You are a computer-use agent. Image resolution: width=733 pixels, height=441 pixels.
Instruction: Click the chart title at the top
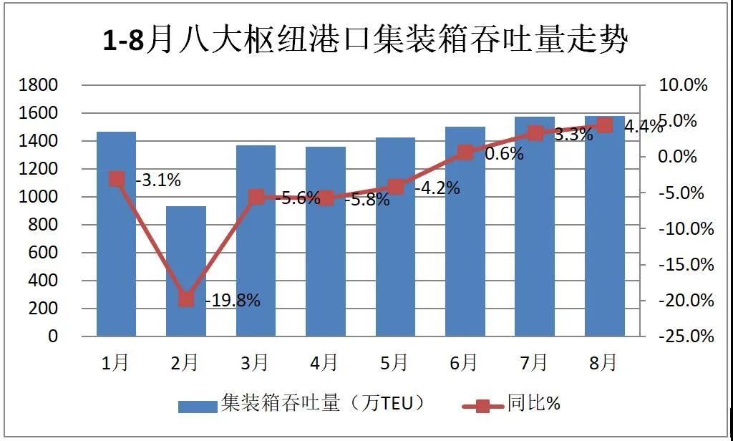tap(366, 40)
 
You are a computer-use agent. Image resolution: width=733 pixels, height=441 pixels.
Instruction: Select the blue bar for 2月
tap(186, 271)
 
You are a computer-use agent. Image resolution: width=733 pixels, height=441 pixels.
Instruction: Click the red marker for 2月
tap(186, 299)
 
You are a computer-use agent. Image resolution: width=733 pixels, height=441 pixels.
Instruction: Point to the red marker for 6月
tap(465, 152)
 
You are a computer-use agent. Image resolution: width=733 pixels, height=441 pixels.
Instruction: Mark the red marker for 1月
tap(117, 179)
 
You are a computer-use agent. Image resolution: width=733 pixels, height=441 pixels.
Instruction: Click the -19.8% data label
tap(233, 301)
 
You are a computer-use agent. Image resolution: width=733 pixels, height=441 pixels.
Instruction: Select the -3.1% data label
tap(158, 180)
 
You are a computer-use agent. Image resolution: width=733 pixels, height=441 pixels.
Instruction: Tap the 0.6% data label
tap(504, 153)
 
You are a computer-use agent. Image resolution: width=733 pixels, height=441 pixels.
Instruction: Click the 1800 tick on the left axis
tap(41, 85)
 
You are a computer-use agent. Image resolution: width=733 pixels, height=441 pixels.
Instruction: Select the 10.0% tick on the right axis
tap(683, 85)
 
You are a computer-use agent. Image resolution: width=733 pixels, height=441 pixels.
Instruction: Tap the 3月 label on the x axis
tap(256, 363)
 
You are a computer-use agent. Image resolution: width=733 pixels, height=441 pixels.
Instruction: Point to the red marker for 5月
tap(396, 187)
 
